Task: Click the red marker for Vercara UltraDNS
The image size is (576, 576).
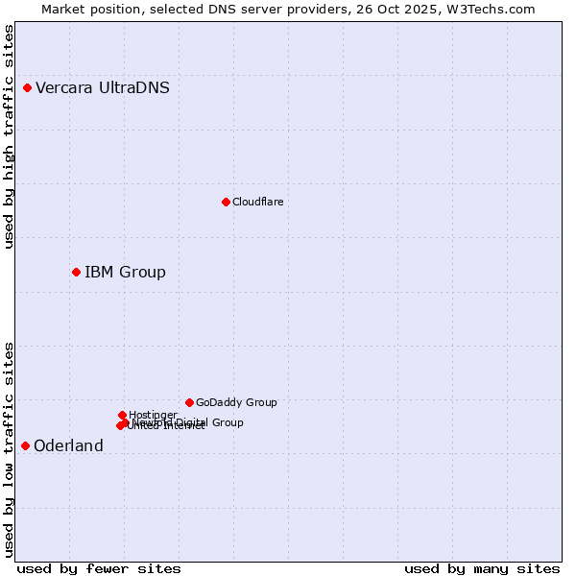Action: coord(27,88)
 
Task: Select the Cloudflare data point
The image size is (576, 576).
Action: coord(226,202)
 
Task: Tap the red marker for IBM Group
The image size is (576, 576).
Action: coord(76,273)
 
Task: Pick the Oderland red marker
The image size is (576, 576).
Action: coord(25,445)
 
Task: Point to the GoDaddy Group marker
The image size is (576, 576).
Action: coord(189,402)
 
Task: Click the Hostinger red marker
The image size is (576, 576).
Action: coord(122,415)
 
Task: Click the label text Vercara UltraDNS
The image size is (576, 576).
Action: coord(103,88)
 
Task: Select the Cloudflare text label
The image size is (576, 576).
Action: coord(257,202)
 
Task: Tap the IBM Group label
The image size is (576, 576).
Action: coord(125,273)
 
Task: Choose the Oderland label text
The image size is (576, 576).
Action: coord(68,446)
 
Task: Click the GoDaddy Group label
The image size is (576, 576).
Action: coord(236,403)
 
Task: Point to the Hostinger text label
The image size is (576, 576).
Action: coord(153,415)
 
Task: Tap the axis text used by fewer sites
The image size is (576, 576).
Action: coord(99,568)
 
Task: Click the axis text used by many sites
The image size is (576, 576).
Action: coord(482,568)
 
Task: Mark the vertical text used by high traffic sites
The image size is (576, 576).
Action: coord(10,137)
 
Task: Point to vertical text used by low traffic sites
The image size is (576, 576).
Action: coord(10,449)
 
